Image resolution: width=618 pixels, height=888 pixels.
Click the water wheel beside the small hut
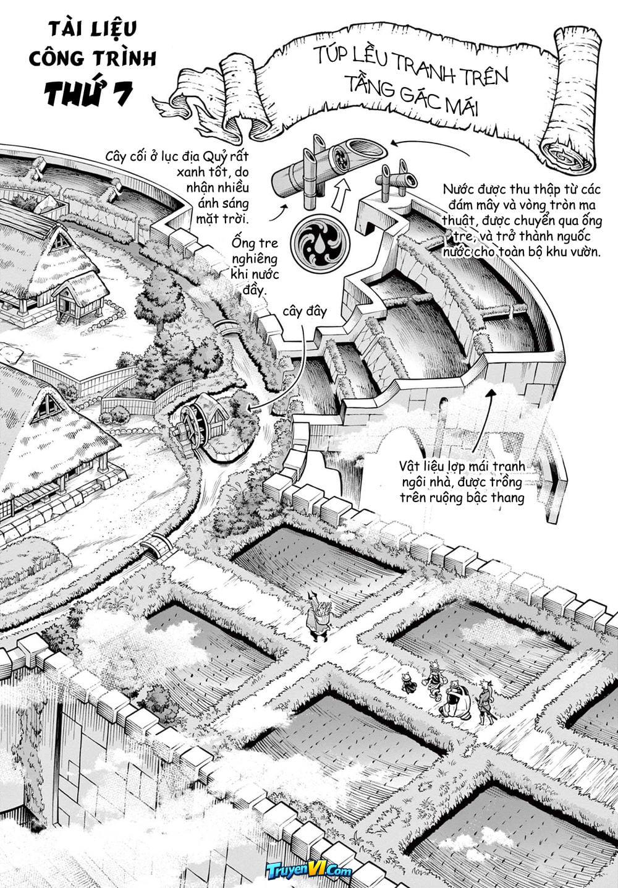192,427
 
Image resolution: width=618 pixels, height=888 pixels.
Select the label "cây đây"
305,312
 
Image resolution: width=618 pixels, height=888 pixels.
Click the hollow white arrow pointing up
341,195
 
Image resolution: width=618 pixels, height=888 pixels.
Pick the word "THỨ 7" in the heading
88,93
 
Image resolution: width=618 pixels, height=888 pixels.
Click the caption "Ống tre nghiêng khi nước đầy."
255,267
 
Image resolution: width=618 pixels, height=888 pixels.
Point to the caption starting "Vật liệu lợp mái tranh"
462,482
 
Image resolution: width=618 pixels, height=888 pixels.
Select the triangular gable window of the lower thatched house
48,407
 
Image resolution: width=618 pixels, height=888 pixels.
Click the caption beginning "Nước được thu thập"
522,220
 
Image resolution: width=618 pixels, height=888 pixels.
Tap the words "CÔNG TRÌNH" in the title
93,58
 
